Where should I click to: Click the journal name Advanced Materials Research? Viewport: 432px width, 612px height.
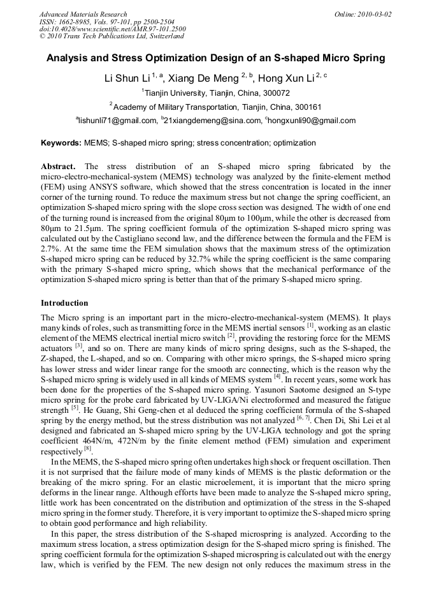pos(83,13)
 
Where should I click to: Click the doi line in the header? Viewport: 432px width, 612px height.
pos(112,29)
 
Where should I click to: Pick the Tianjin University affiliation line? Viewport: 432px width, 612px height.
pos(216,93)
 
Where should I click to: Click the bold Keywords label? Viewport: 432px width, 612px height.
pos(61,143)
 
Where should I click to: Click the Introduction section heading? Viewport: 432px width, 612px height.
pos(64,302)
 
